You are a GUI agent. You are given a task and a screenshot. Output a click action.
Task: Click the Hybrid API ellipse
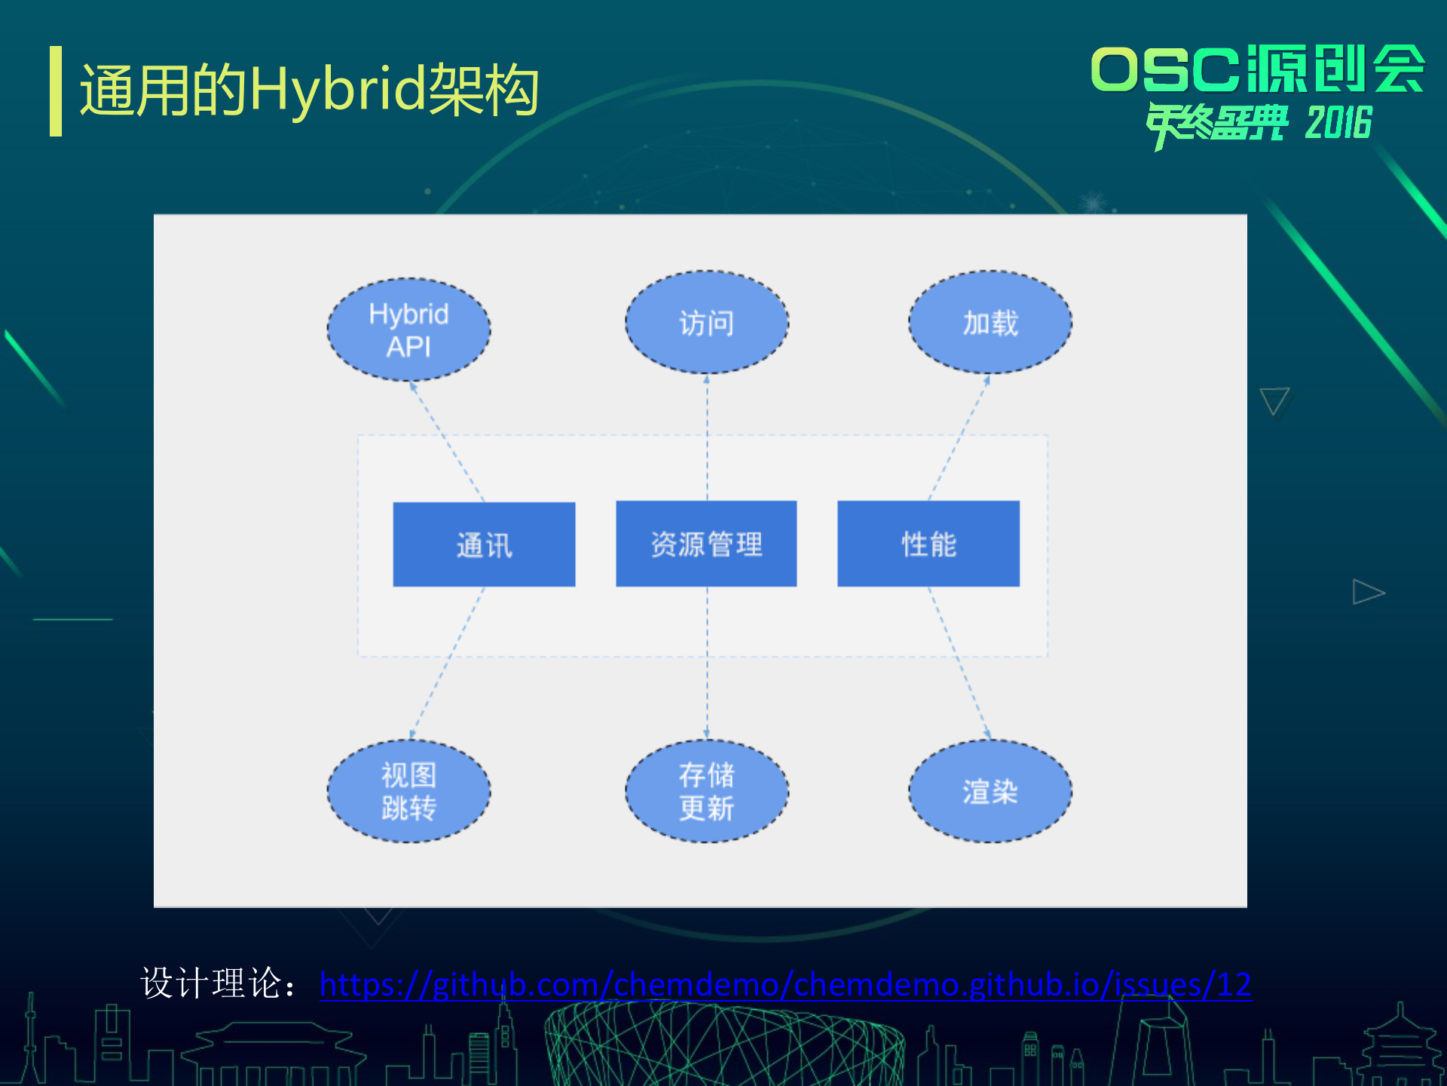(408, 330)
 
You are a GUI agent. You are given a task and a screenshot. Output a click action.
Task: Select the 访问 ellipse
(706, 323)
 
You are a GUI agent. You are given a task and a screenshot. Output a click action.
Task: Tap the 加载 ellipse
(990, 323)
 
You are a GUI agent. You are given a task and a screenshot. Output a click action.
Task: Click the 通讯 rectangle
(484, 545)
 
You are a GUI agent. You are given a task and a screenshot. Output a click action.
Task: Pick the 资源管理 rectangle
(706, 544)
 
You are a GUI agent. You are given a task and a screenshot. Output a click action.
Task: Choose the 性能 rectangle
(928, 544)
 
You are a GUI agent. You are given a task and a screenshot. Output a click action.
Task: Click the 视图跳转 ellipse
(408, 791)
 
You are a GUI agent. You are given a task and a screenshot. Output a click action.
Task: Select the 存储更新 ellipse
(706, 791)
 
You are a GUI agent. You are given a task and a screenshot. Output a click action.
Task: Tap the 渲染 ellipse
(990, 791)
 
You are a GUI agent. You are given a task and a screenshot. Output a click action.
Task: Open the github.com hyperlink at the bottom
(785, 985)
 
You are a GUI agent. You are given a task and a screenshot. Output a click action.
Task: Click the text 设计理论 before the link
(211, 983)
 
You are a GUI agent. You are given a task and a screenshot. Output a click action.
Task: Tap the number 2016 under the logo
(1338, 124)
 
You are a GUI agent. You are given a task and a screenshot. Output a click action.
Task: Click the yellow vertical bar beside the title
(56, 91)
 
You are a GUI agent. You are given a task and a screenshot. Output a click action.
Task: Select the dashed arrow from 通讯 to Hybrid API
(448, 442)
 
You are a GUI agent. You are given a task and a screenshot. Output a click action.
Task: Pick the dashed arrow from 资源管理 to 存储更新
(706, 664)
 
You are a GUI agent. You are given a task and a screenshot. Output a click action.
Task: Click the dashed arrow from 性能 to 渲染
(959, 664)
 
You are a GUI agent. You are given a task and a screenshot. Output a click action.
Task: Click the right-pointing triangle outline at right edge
(1366, 592)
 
